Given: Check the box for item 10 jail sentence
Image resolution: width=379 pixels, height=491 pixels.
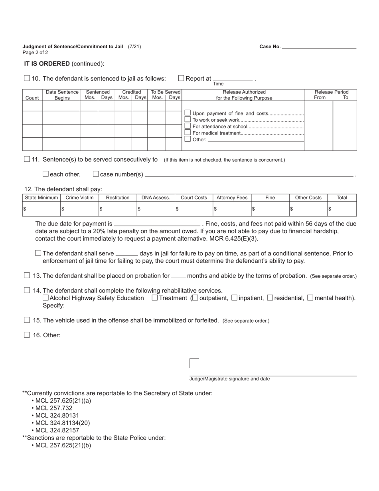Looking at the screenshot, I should point(27,78).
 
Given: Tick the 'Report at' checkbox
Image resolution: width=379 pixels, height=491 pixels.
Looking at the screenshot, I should point(181,78).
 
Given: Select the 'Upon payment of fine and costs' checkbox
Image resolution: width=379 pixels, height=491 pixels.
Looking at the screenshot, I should point(188,113).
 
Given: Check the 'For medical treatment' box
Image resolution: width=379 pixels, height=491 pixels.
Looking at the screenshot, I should point(188,133).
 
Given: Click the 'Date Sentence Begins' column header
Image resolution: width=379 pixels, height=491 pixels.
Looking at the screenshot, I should point(62,95).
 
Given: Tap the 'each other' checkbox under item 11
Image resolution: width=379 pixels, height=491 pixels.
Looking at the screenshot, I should point(45,174).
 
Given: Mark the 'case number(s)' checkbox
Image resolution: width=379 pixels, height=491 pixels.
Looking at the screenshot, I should point(96,174).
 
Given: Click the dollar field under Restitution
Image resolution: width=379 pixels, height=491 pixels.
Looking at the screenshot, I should point(118,209).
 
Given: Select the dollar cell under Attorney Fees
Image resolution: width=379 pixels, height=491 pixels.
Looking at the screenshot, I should point(232,209).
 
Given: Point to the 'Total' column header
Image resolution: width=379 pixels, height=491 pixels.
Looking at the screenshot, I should point(342,198).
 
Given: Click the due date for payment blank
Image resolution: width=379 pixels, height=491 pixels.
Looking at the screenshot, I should point(157,224).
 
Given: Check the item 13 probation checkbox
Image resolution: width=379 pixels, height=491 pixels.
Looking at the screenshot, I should point(27,275).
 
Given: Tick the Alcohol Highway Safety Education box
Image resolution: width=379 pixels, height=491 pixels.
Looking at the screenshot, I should point(45,298).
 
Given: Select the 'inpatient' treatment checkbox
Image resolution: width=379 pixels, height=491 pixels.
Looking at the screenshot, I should point(235,298).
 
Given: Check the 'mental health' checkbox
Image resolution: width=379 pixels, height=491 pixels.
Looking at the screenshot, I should point(310,298).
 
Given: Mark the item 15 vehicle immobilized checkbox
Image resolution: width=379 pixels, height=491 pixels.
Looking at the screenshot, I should point(27,320).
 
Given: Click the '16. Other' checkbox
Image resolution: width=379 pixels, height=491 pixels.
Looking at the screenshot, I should point(27,335).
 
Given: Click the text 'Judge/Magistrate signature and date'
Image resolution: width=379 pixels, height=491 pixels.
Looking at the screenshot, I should point(229,379).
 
